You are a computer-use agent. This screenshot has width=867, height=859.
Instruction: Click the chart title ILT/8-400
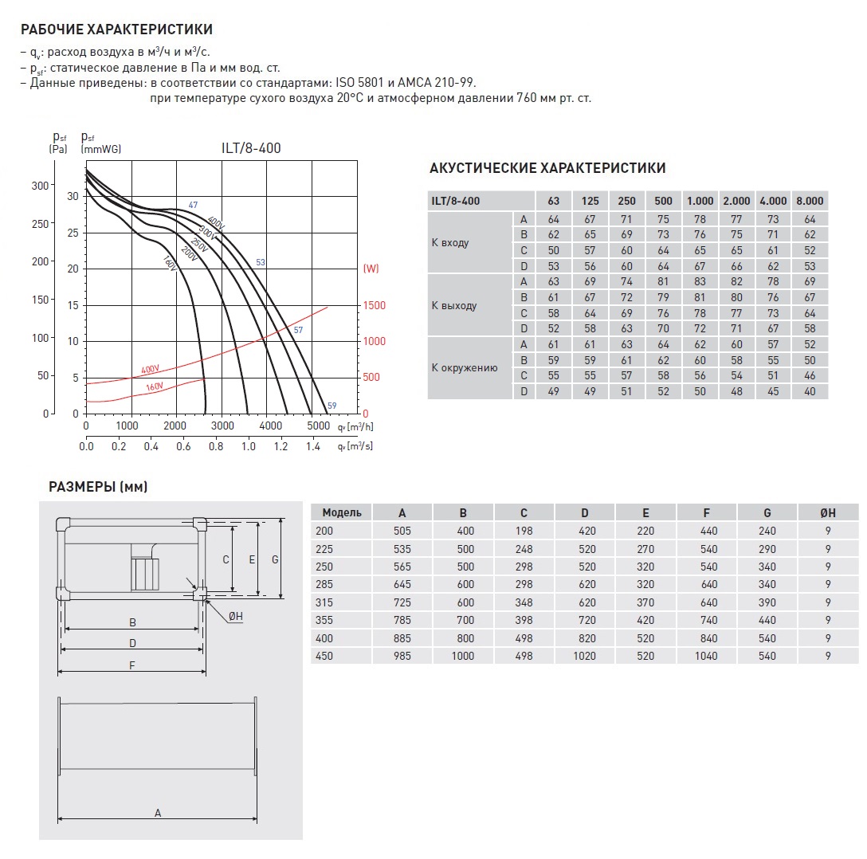click(251, 148)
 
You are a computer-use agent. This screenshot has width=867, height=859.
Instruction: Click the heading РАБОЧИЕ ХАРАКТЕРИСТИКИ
click(116, 30)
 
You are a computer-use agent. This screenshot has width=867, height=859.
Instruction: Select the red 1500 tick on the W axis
click(375, 305)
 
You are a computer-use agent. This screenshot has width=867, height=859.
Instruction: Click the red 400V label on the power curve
click(150, 370)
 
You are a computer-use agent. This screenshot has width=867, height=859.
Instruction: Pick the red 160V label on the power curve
click(154, 387)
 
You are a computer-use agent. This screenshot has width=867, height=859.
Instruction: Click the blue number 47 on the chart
click(193, 206)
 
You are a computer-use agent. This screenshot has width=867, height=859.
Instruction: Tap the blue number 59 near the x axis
click(331, 406)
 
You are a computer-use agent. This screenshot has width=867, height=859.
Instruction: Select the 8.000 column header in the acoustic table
click(809, 201)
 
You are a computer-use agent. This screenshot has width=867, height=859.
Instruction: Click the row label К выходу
click(454, 306)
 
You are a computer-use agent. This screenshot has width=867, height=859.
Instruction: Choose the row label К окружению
click(465, 368)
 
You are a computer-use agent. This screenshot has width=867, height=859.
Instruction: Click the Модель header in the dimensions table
click(342, 512)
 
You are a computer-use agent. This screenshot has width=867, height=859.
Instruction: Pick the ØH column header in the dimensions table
click(828, 512)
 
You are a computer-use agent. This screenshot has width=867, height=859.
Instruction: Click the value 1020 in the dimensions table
click(585, 656)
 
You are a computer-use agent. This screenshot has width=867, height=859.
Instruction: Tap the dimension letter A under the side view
click(158, 813)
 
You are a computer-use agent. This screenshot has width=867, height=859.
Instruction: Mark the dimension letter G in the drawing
click(275, 559)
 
